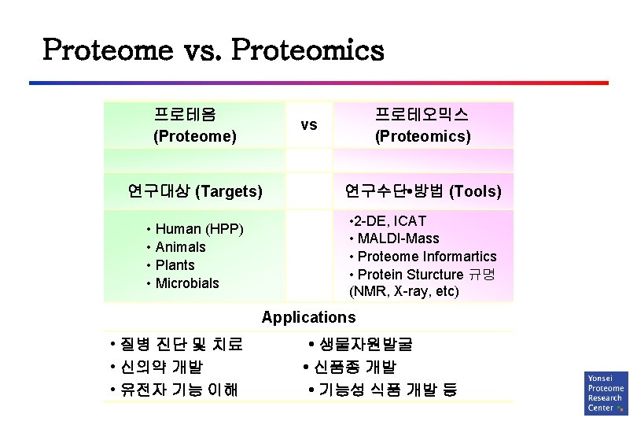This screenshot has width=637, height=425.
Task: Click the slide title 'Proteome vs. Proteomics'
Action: click(x=213, y=50)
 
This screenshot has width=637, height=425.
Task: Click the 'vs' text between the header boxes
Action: click(x=309, y=124)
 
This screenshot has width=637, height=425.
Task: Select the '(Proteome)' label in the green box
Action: click(x=194, y=136)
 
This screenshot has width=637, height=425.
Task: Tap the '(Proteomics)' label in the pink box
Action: click(x=422, y=136)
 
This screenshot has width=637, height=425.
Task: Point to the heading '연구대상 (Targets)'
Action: click(x=194, y=190)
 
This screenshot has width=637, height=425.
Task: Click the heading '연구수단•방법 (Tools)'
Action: click(x=422, y=190)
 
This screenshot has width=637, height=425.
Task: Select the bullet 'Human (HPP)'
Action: click(x=199, y=230)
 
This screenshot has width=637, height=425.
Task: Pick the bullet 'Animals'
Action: click(x=180, y=247)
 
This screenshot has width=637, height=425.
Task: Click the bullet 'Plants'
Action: click(x=175, y=265)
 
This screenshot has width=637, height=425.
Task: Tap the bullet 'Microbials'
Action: click(x=187, y=283)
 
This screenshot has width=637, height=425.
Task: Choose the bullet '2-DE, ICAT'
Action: click(x=391, y=221)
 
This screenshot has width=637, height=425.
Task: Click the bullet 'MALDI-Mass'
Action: click(x=398, y=238)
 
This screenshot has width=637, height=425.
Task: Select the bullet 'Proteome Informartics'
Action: click(x=426, y=257)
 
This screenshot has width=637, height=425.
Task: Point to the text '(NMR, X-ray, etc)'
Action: click(x=403, y=291)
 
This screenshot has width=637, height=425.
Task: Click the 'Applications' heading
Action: click(x=308, y=317)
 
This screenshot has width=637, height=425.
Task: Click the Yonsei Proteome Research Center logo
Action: click(x=606, y=393)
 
